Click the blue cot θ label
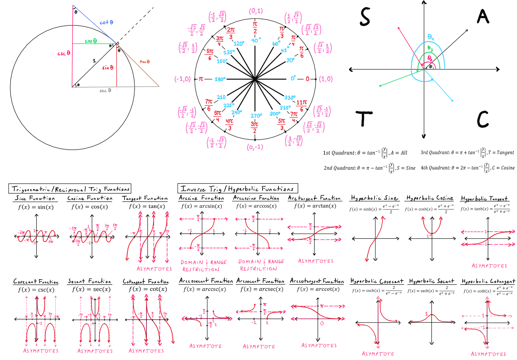tap(106, 22)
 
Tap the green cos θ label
tap(91, 41)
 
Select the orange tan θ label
tap(144, 62)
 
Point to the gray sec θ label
tap(105, 90)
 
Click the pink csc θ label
tap(64, 53)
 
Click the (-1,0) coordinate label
tap(182, 79)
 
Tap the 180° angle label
tap(220, 79)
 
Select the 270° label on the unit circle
tap(256, 116)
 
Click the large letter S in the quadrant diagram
tap(365, 17)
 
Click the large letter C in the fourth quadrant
tap(483, 119)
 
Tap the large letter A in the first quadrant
tap(483, 16)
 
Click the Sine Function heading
tap(35, 198)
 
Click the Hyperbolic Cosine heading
tap(430, 198)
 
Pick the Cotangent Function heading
tap(145, 281)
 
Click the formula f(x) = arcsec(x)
tap(262, 289)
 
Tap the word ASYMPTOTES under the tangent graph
tap(154, 269)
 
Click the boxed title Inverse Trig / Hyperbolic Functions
tap(237, 189)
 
